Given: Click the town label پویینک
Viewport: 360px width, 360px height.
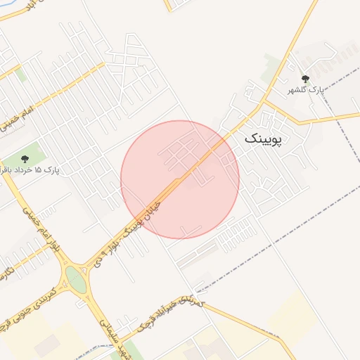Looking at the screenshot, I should click(x=263, y=139).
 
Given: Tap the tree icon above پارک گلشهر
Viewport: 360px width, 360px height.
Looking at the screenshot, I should click(x=305, y=79).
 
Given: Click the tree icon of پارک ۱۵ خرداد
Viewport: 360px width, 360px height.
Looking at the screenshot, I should click(x=26, y=159).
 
